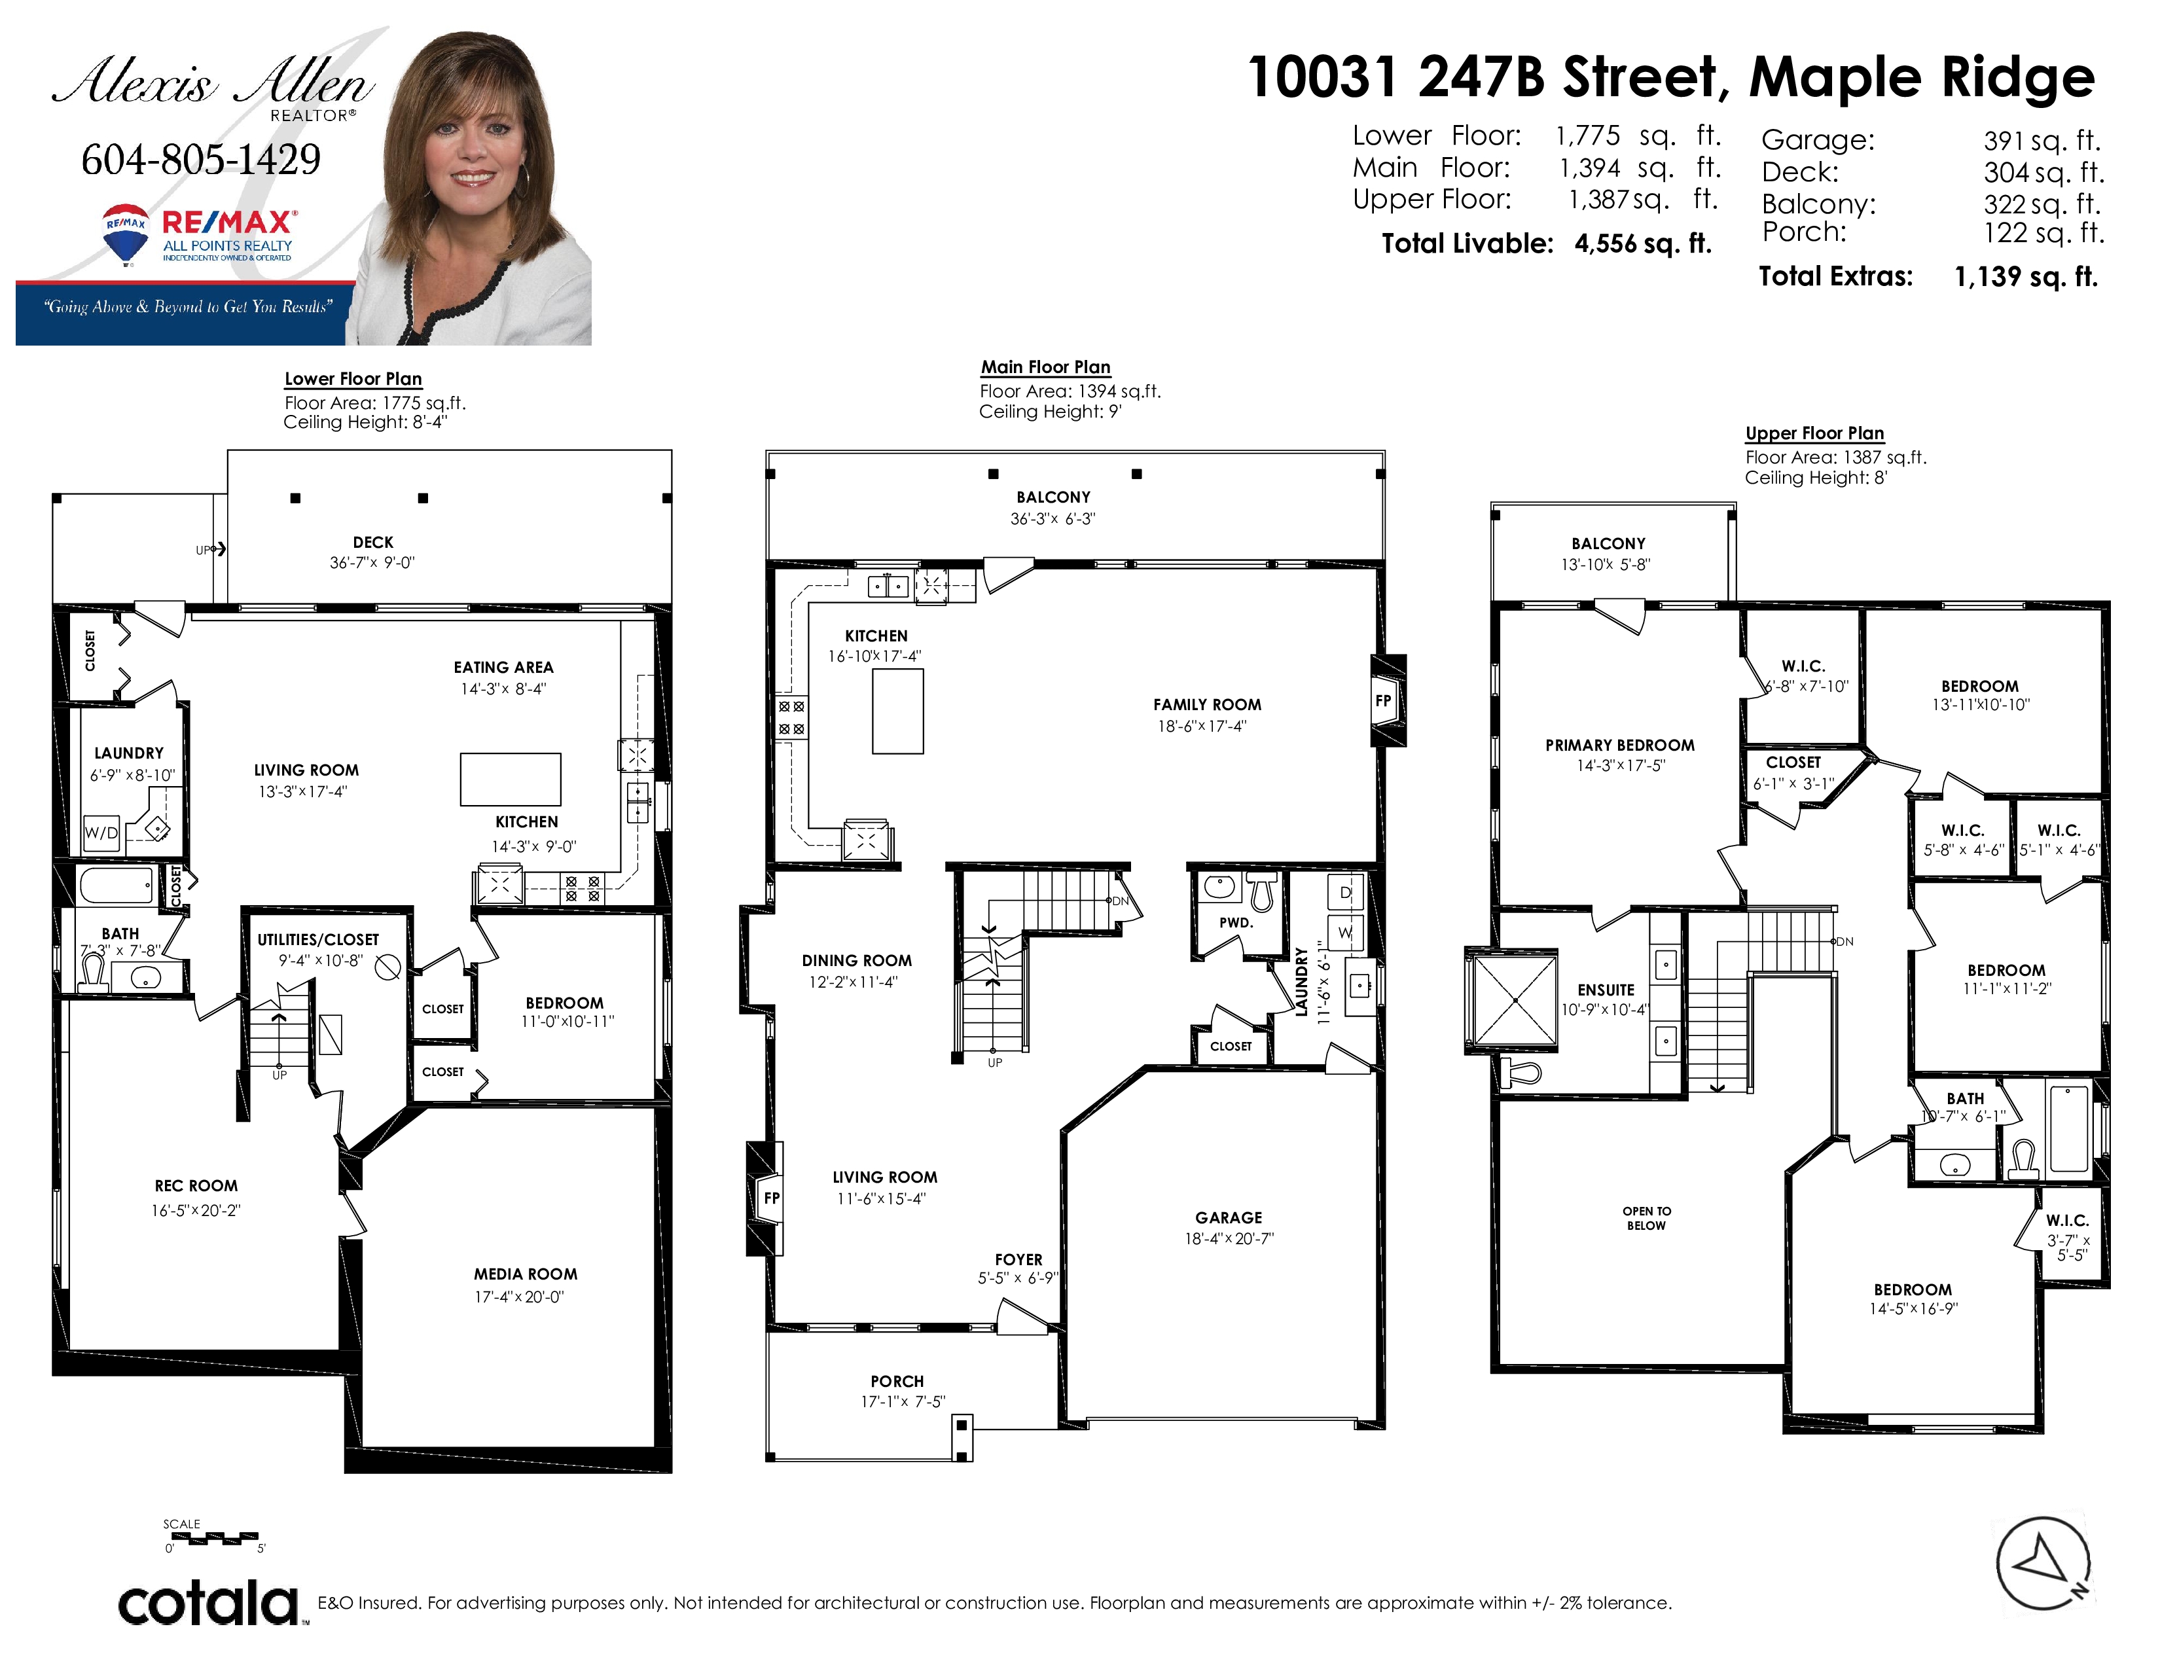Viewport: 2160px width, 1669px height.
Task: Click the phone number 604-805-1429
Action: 201,159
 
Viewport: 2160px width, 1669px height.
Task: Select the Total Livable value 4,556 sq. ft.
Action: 1643,243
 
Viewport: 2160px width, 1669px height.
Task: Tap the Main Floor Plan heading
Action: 1045,367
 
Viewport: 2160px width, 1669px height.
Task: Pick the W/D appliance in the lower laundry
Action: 101,833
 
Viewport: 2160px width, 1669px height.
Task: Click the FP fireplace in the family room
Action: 1384,701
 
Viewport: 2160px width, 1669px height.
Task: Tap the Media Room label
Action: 525,1274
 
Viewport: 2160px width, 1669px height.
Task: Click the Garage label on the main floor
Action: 1229,1218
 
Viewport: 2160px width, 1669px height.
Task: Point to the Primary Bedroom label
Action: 1620,745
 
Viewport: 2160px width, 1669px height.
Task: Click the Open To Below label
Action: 1647,1218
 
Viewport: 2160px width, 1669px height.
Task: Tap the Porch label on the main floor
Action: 897,1381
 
